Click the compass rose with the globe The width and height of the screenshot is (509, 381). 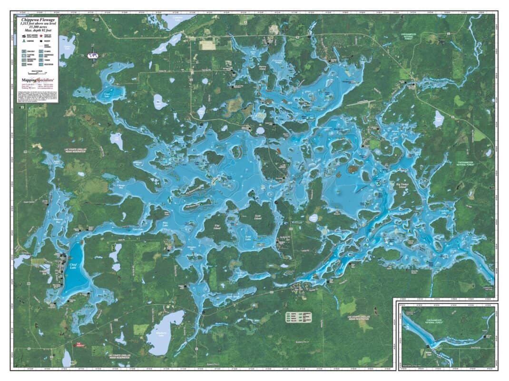click(x=92, y=55)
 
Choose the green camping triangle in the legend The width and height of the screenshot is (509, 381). click(x=22, y=42)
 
